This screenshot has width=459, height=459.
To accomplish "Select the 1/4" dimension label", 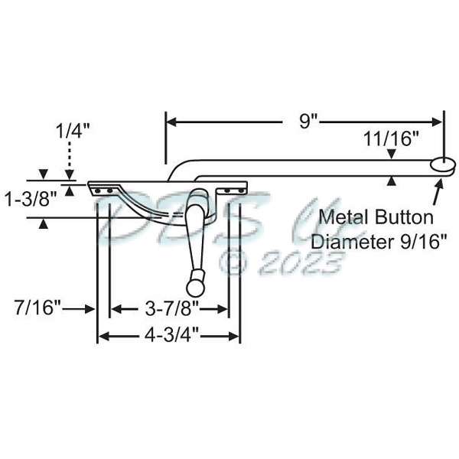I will coord(73,130).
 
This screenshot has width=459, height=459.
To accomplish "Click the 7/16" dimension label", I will coord(37,309).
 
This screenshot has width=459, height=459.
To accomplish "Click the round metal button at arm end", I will coord(442,164).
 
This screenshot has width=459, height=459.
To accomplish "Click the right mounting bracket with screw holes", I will coord(233,187).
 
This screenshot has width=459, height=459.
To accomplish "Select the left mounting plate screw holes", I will coord(106,187).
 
